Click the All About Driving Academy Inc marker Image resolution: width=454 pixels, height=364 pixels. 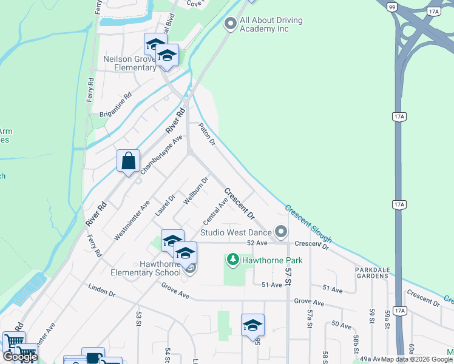[x=230, y=24]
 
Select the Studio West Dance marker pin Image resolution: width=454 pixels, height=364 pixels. [x=280, y=231]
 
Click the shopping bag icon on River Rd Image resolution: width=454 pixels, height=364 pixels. [x=128, y=162]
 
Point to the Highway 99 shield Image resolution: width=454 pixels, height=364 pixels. [x=393, y=5]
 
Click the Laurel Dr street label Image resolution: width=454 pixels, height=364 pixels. [x=164, y=205]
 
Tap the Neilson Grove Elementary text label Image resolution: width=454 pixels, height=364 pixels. [x=129, y=63]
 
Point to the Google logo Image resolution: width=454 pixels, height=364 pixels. [x=19, y=357]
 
